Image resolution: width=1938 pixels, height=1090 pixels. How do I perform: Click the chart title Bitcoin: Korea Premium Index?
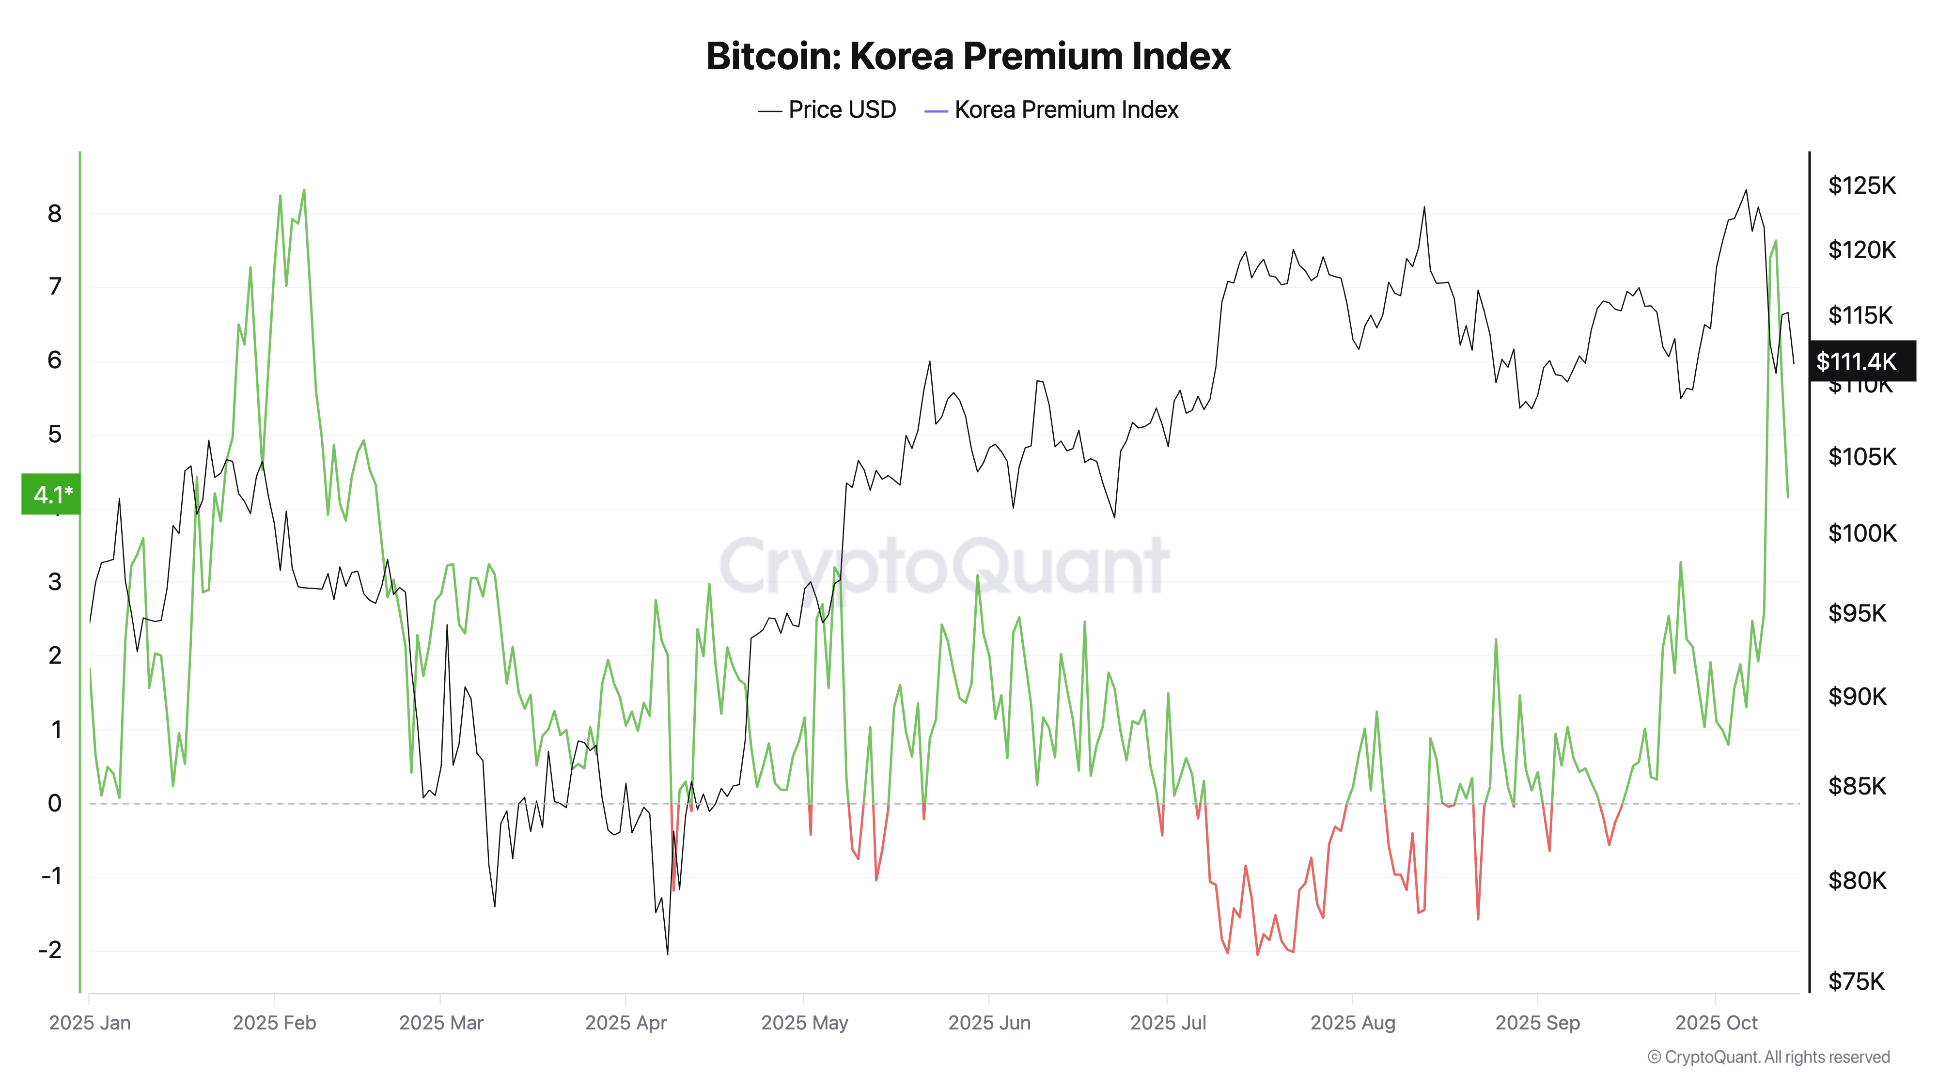pyautogui.click(x=968, y=56)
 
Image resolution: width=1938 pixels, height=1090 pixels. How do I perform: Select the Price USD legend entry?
pyautogui.click(x=827, y=110)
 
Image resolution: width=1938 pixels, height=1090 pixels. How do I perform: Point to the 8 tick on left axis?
pyautogui.click(x=54, y=214)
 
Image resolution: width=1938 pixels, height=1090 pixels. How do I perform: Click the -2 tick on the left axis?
pyautogui.click(x=49, y=950)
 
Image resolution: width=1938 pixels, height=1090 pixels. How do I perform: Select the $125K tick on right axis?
pyautogui.click(x=1861, y=185)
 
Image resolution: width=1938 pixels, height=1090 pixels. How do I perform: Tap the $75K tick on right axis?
pyautogui.click(x=1856, y=981)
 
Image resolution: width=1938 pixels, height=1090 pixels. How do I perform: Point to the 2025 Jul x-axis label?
pyautogui.click(x=1168, y=1023)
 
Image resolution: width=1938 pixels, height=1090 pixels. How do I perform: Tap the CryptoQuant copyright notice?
pyautogui.click(x=1768, y=1057)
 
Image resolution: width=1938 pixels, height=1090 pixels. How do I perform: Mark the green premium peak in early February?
pyautogui.click(x=304, y=190)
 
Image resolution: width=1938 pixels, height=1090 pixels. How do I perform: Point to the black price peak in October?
pyautogui.click(x=1746, y=190)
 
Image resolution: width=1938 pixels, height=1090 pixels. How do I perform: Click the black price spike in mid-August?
pyautogui.click(x=1424, y=208)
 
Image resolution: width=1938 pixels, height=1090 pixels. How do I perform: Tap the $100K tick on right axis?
pyautogui.click(x=1861, y=533)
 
